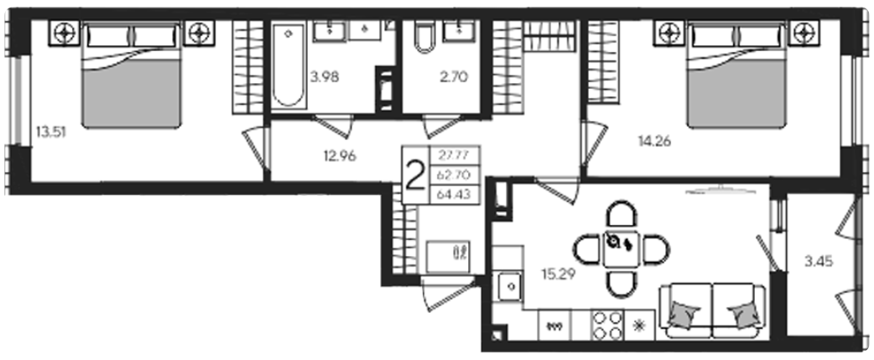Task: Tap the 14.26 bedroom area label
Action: coord(654,142)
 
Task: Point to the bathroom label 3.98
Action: coord(325,77)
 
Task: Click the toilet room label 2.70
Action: coord(453,77)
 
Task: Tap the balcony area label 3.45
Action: coord(819,260)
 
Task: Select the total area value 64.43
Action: coord(455,195)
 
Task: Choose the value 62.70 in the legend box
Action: coord(455,175)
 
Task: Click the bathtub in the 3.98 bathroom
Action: coord(289,64)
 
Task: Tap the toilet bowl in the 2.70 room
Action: coord(424,37)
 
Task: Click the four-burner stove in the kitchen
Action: coord(607,324)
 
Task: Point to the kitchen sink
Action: coord(509,287)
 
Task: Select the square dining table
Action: coord(622,249)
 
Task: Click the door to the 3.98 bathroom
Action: coord(333,126)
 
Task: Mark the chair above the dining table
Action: coord(621,215)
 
